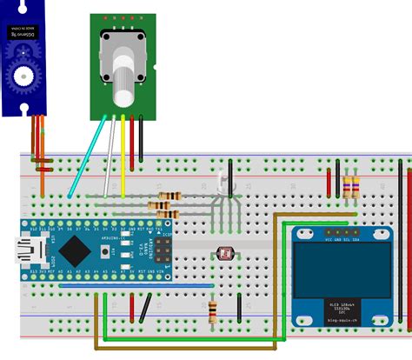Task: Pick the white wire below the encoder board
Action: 110,157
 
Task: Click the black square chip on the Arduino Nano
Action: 74,250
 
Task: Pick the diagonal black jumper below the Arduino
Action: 147,306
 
